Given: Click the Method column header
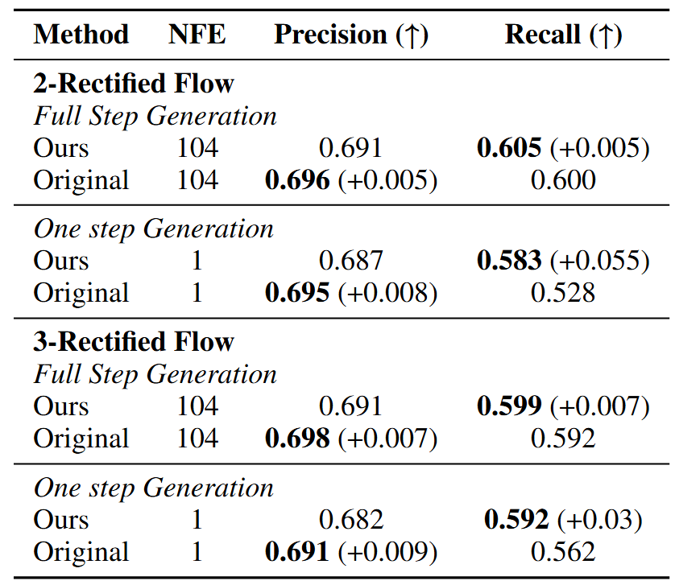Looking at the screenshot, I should click(x=81, y=35).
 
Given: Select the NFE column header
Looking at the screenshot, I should click(x=197, y=35).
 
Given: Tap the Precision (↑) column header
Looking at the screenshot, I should click(x=351, y=35).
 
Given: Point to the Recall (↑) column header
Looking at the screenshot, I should click(x=563, y=35).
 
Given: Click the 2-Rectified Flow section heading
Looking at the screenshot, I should click(x=134, y=84).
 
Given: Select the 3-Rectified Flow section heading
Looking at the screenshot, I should click(x=134, y=342).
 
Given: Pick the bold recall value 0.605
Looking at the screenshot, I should click(x=509, y=148).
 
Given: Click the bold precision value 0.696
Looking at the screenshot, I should click(x=297, y=180).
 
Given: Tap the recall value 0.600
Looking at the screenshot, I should click(x=563, y=180).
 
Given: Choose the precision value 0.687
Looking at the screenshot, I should click(x=351, y=261).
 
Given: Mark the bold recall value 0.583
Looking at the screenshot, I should click(x=509, y=261).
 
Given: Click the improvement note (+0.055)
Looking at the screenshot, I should click(x=599, y=261).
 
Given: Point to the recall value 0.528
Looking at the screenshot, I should click(x=563, y=293).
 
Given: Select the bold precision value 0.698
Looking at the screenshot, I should click(x=297, y=439).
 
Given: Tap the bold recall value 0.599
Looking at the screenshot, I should click(x=509, y=406).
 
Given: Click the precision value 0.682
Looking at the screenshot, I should click(x=351, y=520).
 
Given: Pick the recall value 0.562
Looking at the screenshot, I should click(x=563, y=552).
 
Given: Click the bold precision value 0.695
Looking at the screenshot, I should click(x=297, y=293).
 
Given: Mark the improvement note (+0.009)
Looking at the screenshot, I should click(x=387, y=552).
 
